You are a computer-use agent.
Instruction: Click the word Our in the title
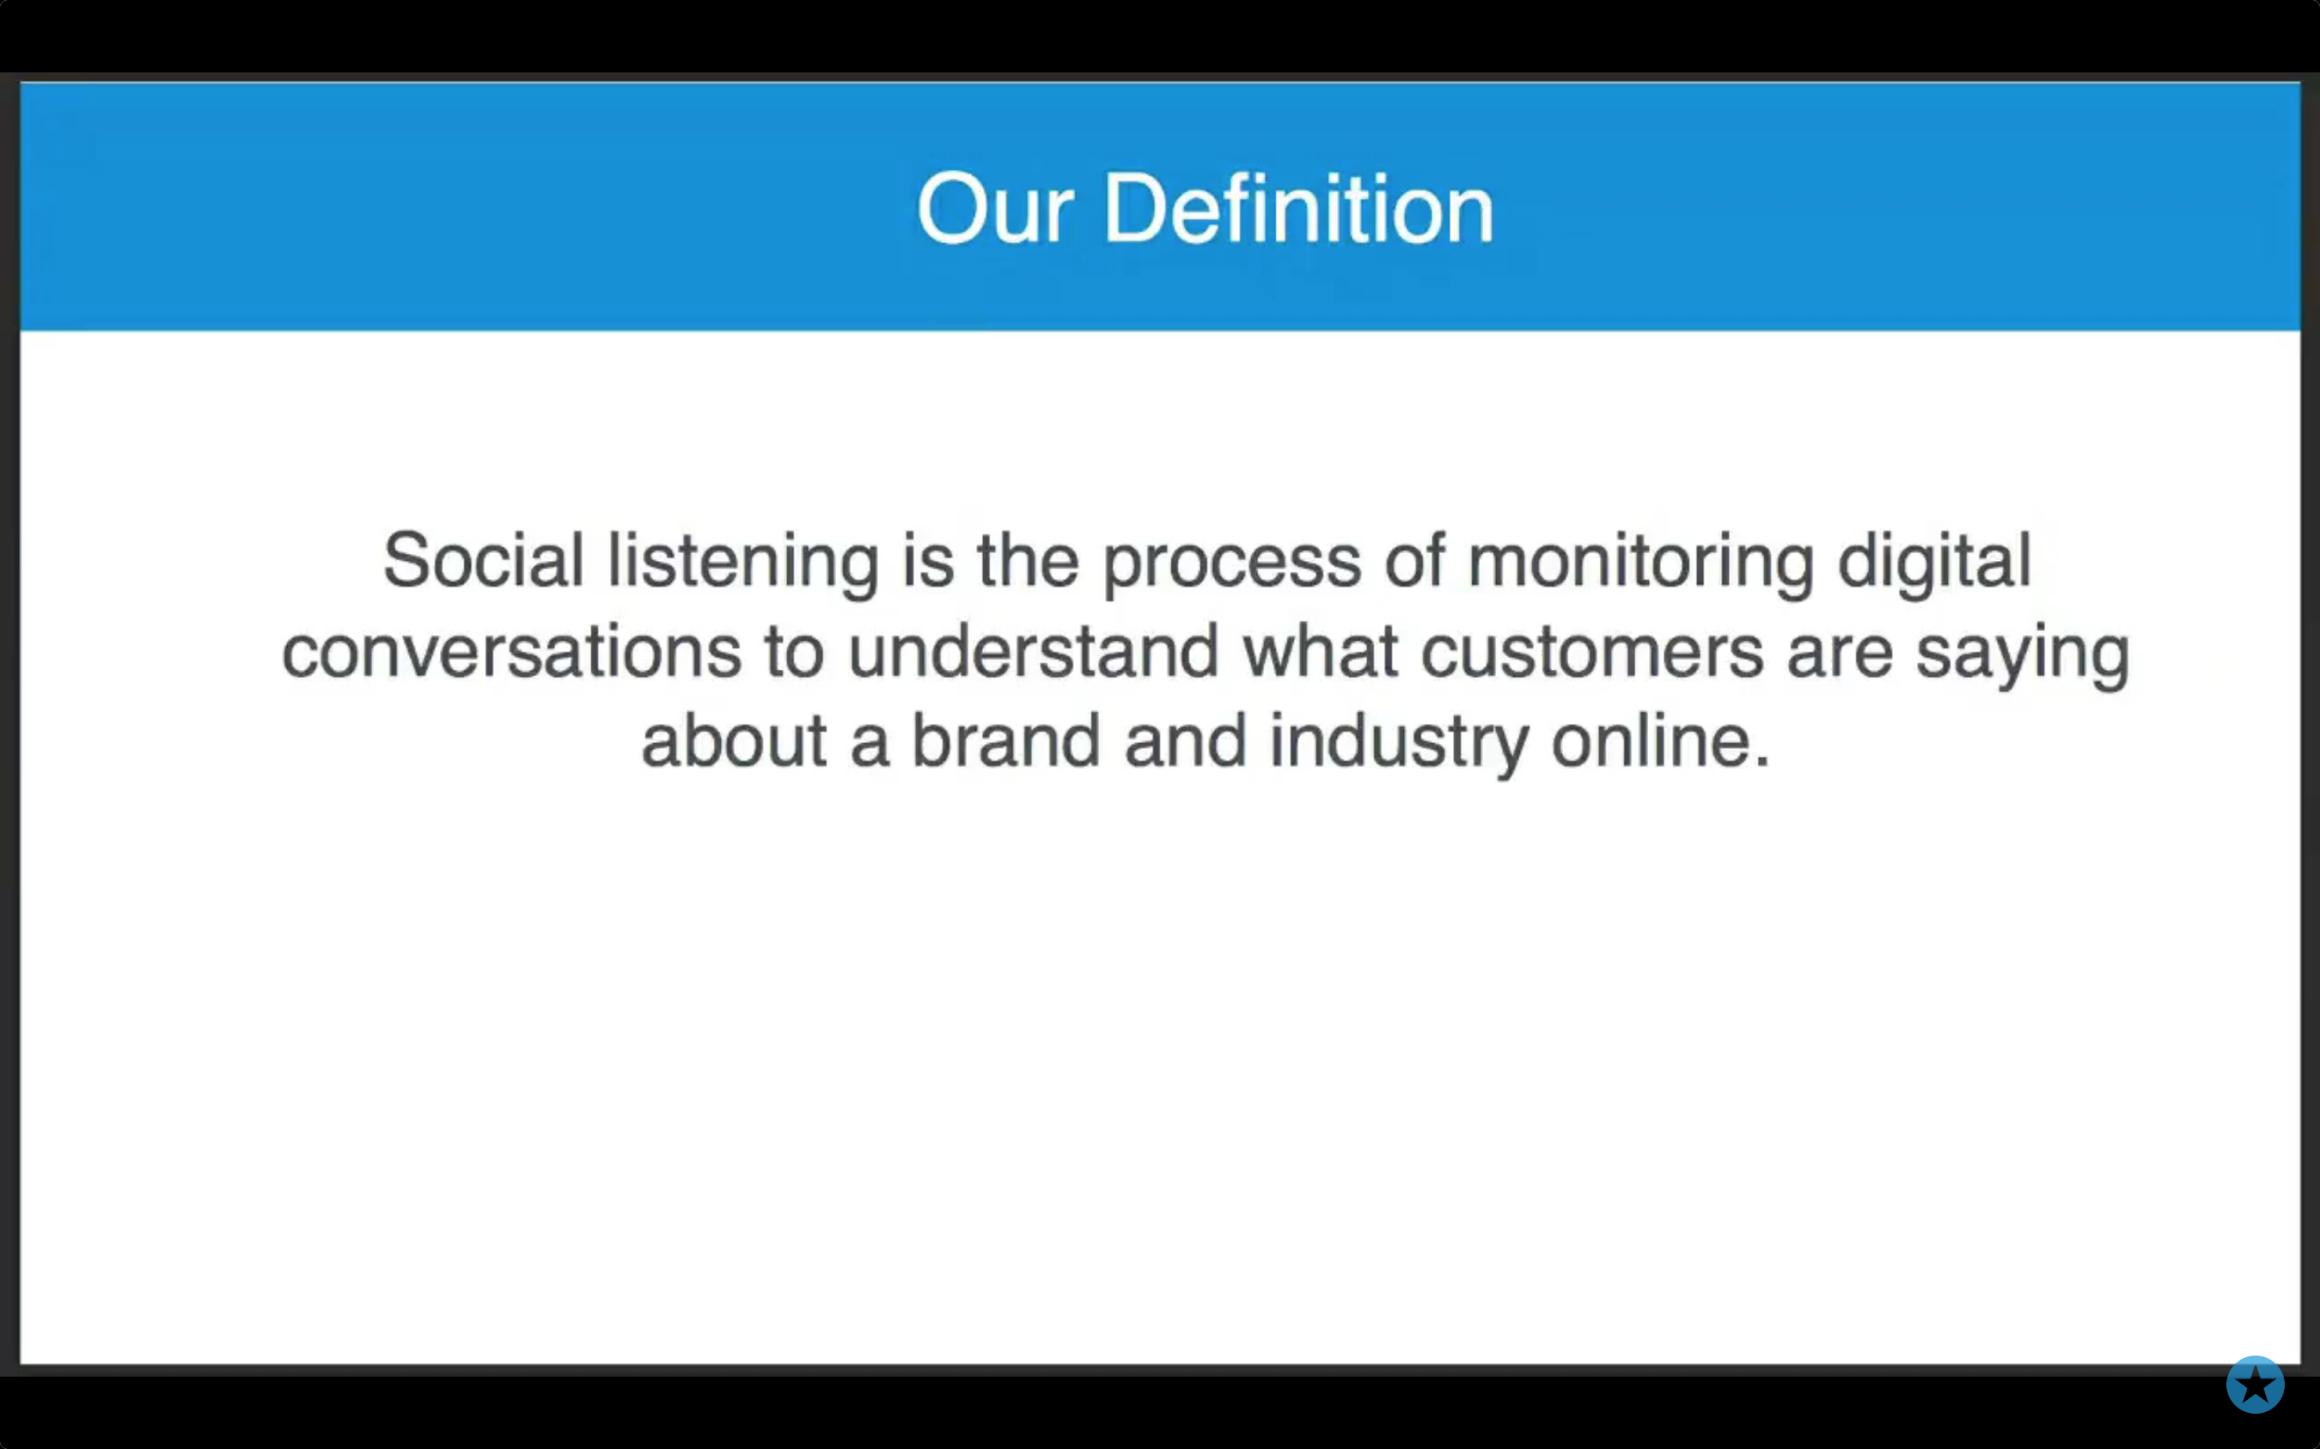995,208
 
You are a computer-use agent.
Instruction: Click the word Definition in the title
1299,208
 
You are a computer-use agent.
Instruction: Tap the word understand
1034,650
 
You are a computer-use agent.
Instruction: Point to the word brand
1006,741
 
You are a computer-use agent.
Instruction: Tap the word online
1653,741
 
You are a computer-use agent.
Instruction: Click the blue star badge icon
2255,1384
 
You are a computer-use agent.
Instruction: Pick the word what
1321,650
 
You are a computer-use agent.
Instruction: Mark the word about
734,741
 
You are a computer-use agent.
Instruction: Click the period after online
1762,763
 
